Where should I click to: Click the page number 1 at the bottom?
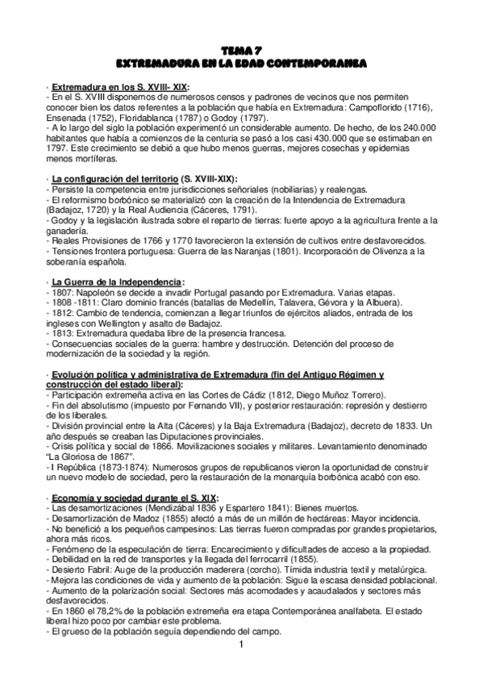coord(241,645)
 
